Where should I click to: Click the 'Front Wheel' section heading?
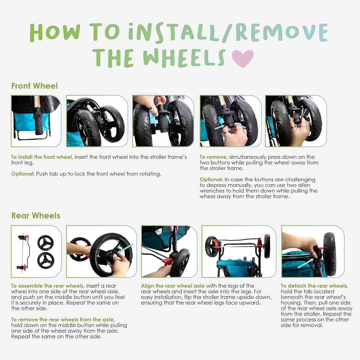click(35, 86)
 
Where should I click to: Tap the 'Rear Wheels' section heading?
click(36, 216)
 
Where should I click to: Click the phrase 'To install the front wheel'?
click(41, 157)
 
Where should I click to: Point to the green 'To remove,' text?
click(213, 157)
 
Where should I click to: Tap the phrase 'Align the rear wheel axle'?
click(173, 286)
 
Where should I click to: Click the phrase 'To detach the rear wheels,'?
click(314, 286)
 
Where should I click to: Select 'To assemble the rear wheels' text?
click(48, 286)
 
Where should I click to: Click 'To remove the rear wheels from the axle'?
click(63, 320)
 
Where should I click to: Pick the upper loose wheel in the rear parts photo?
click(45, 243)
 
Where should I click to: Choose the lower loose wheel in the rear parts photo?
click(46, 260)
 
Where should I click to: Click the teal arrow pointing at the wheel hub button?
click(125, 249)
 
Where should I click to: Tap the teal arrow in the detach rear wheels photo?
click(305, 264)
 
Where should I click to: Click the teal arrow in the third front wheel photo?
click(168, 118)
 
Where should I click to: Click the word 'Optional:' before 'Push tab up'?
click(23, 174)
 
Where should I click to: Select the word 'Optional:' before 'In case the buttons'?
click(211, 180)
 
